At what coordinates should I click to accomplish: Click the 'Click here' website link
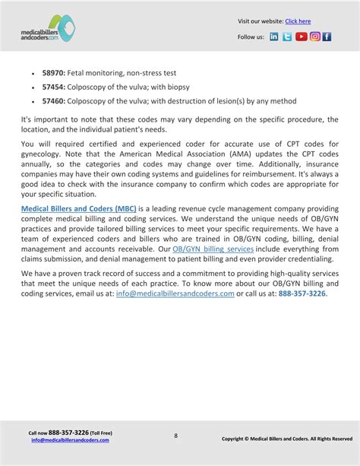pyautogui.click(x=298, y=21)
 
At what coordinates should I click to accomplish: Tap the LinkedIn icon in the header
pyautogui.click(x=274, y=36)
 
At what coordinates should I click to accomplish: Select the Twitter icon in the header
pyautogui.click(x=287, y=36)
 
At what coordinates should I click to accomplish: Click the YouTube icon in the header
pyautogui.click(x=301, y=36)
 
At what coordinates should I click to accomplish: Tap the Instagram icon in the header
pyautogui.click(x=314, y=36)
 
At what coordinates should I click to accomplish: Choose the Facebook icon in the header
pyautogui.click(x=327, y=36)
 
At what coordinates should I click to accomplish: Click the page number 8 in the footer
pyautogui.click(x=175, y=436)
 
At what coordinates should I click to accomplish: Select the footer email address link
pyautogui.click(x=70, y=439)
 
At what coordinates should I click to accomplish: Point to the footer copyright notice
pyautogui.click(x=286, y=439)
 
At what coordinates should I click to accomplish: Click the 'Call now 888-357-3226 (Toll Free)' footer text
pyautogui.click(x=70, y=432)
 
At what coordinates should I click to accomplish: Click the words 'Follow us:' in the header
pyautogui.click(x=251, y=36)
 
